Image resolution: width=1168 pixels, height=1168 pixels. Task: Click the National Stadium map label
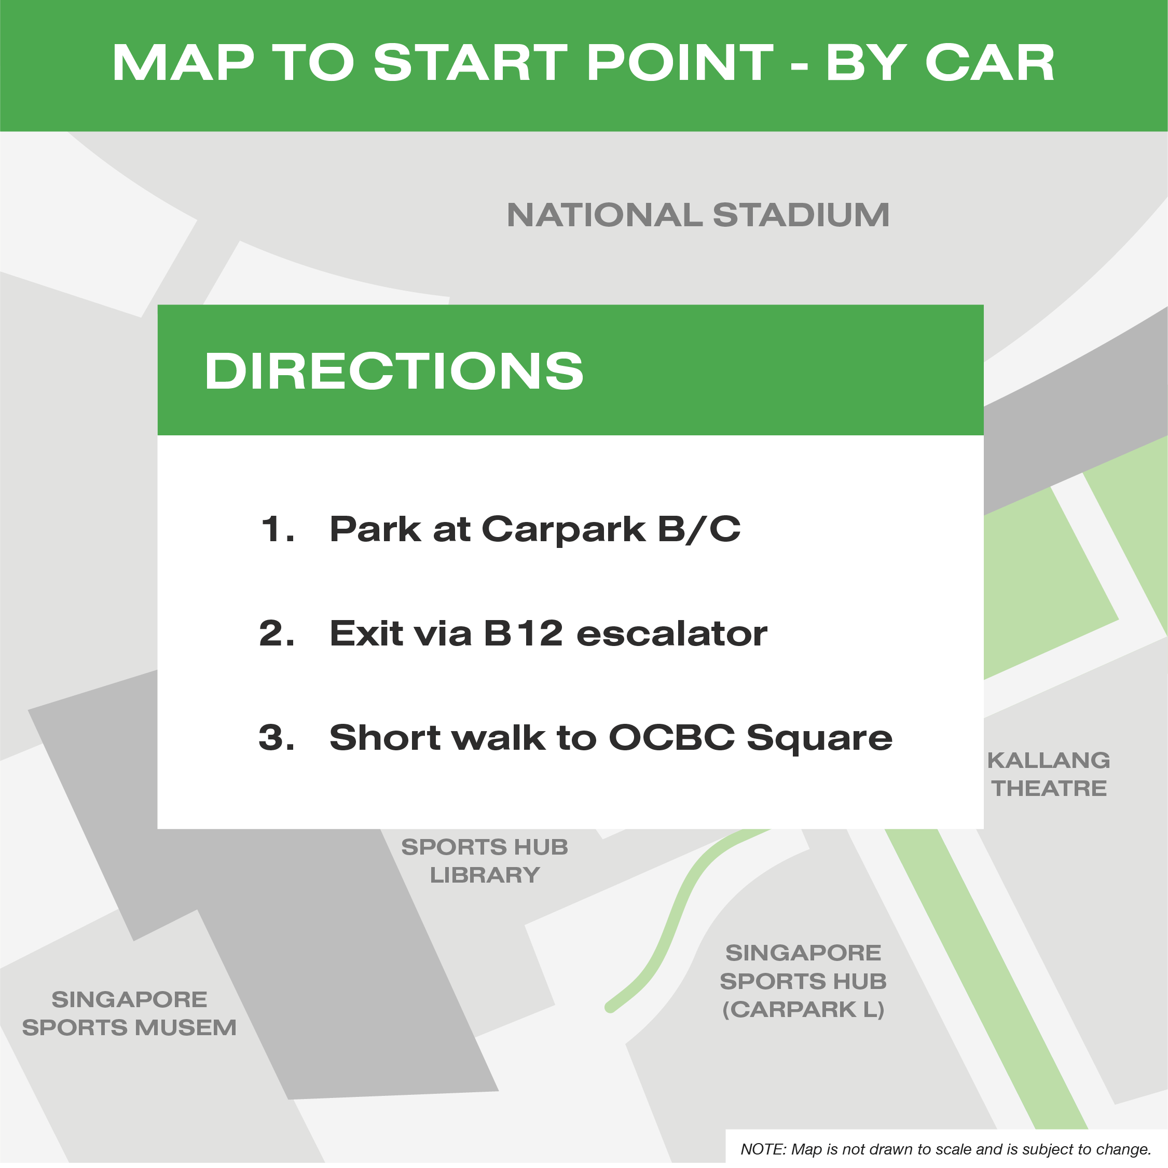point(698,215)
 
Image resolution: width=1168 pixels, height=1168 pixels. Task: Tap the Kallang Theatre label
point(1049,775)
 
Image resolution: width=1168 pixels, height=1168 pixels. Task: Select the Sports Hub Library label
point(485,861)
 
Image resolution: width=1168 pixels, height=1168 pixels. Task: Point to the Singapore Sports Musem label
point(129,1014)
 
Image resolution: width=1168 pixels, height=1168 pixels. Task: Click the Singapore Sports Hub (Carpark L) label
point(803,981)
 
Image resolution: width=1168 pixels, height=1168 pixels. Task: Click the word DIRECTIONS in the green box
point(394,370)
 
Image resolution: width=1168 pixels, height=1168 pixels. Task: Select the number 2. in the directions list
point(278,634)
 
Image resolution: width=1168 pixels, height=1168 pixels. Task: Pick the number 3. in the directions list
point(277,737)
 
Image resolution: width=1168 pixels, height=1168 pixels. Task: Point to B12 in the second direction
point(524,634)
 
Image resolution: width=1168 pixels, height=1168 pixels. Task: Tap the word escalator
point(671,634)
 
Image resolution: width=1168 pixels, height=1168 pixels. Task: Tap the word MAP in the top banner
point(183,62)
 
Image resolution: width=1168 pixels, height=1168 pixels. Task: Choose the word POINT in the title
point(680,62)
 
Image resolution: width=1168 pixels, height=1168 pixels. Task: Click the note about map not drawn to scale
point(945,1149)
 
